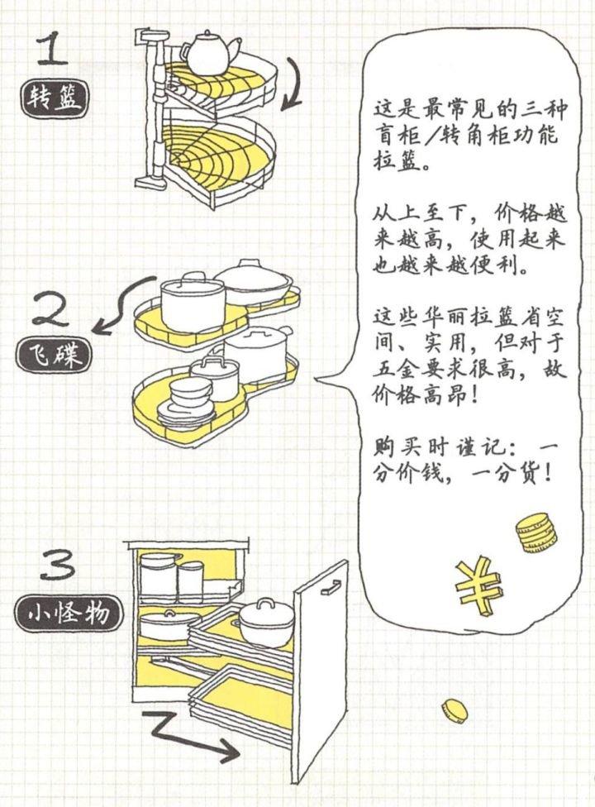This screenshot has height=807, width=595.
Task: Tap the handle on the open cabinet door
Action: coord(331,586)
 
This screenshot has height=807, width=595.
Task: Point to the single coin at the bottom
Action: coord(454,709)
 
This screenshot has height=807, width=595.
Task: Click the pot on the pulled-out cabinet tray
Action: coord(264,621)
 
